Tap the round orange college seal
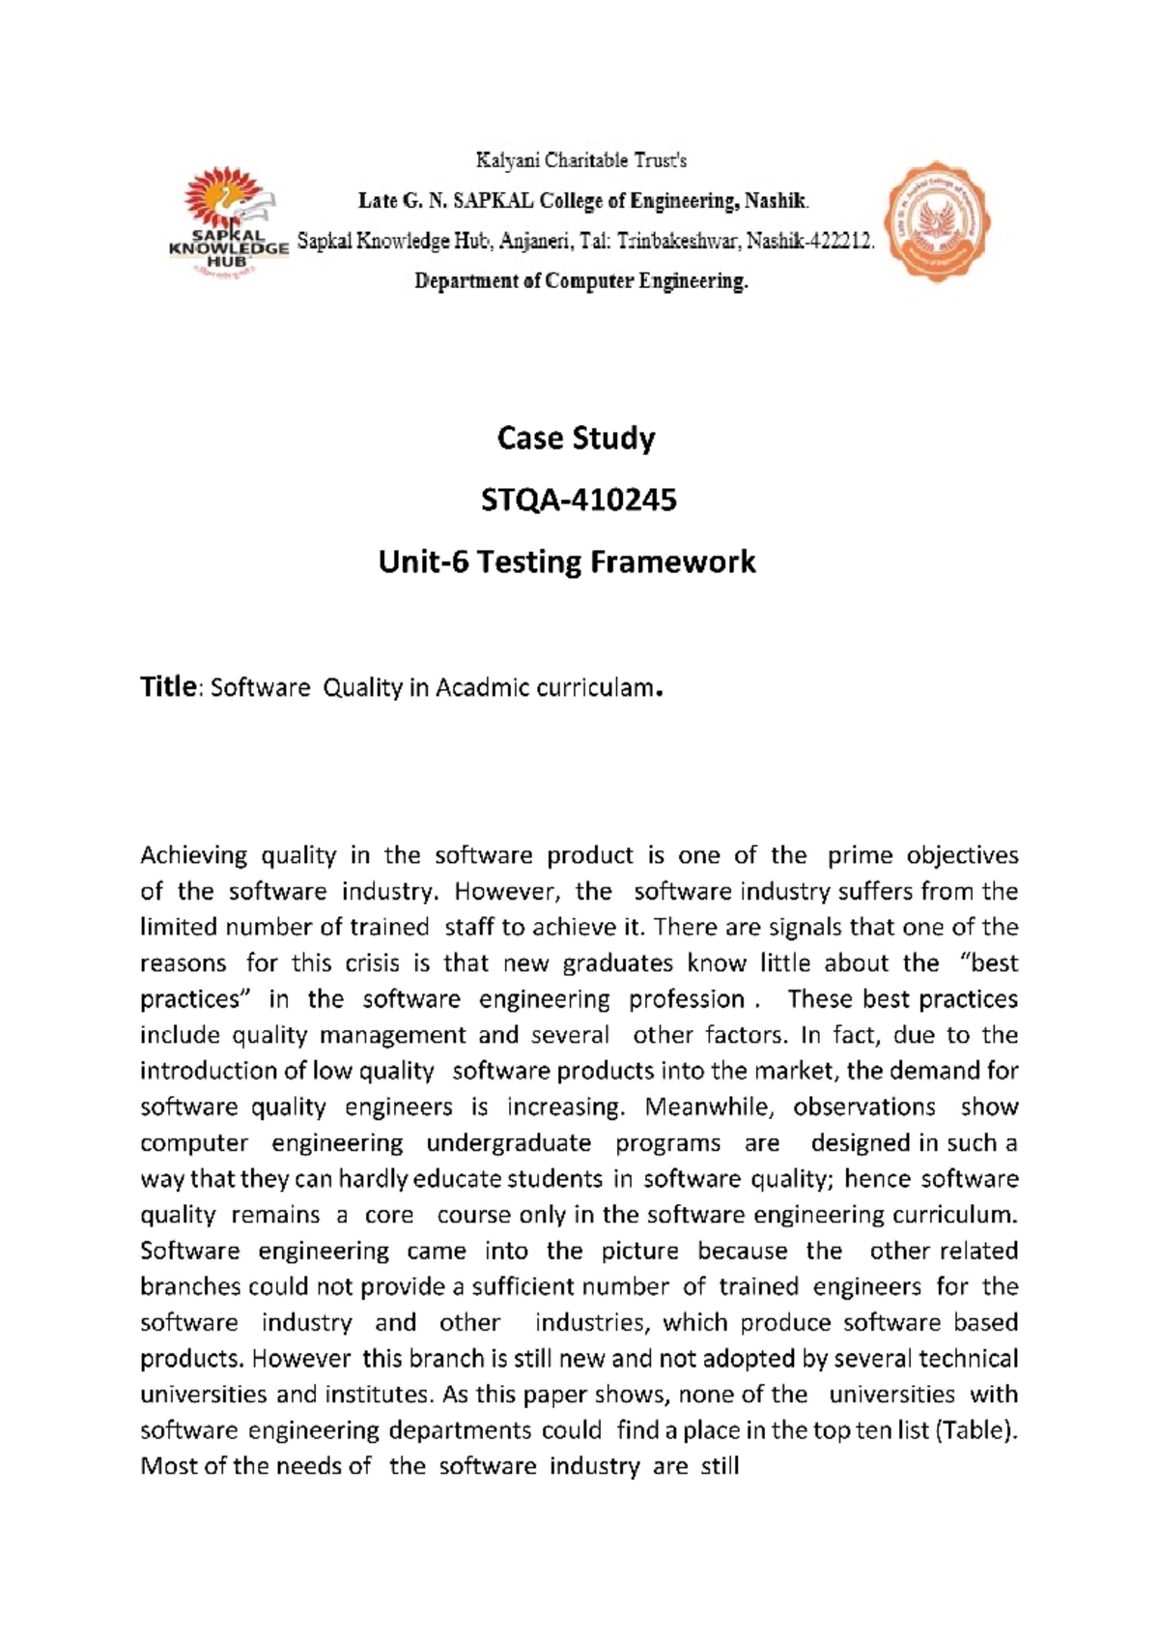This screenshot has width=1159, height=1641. click(x=937, y=222)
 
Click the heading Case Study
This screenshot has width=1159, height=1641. click(x=576, y=438)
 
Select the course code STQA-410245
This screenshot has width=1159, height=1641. click(x=579, y=500)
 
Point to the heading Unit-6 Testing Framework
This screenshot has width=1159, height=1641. click(x=567, y=561)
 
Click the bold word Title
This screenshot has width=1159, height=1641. click(x=168, y=687)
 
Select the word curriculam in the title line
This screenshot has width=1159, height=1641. click(x=592, y=688)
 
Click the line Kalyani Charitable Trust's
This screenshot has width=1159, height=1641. click(x=579, y=159)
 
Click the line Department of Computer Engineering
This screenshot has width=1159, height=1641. click(x=581, y=281)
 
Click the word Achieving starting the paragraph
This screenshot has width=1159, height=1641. click(x=194, y=855)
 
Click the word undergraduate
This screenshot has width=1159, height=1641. click(x=508, y=1142)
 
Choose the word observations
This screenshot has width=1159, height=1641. click(x=864, y=1107)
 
